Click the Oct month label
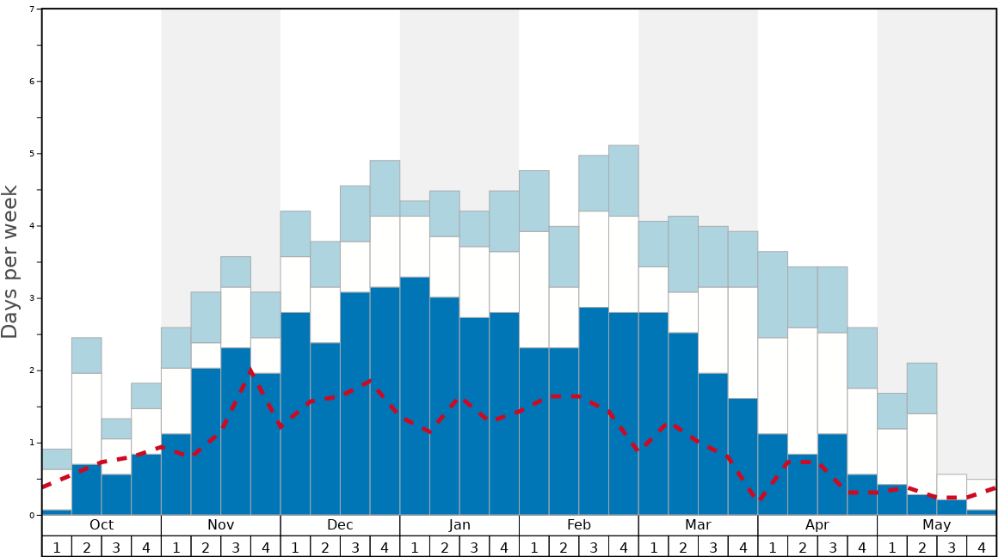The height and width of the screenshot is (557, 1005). (102, 525)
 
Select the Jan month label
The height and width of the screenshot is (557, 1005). (459, 525)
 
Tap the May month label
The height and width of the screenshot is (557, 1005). (937, 525)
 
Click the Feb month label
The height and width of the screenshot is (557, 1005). (579, 525)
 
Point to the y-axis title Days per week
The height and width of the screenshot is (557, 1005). (10, 261)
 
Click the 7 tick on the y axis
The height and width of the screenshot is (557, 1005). (32, 9)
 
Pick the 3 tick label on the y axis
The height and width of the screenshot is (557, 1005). (32, 298)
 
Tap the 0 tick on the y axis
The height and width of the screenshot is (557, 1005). (32, 516)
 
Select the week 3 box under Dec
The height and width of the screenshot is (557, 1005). (355, 547)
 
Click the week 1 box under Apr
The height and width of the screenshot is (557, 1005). (773, 547)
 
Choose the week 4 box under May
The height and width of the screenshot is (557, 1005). (982, 547)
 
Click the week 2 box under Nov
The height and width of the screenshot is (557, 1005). (206, 547)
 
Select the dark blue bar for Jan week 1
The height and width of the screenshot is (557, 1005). (415, 395)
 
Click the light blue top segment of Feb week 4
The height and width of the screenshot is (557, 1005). (624, 181)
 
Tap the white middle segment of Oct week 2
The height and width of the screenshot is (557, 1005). (86, 418)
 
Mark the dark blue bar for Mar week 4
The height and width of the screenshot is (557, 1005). (743, 456)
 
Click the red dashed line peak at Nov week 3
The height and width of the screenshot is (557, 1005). (250, 370)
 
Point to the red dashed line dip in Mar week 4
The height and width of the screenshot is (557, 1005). (758, 499)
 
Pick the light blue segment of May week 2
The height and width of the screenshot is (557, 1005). (922, 388)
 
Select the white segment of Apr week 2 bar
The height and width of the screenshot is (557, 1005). (803, 390)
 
